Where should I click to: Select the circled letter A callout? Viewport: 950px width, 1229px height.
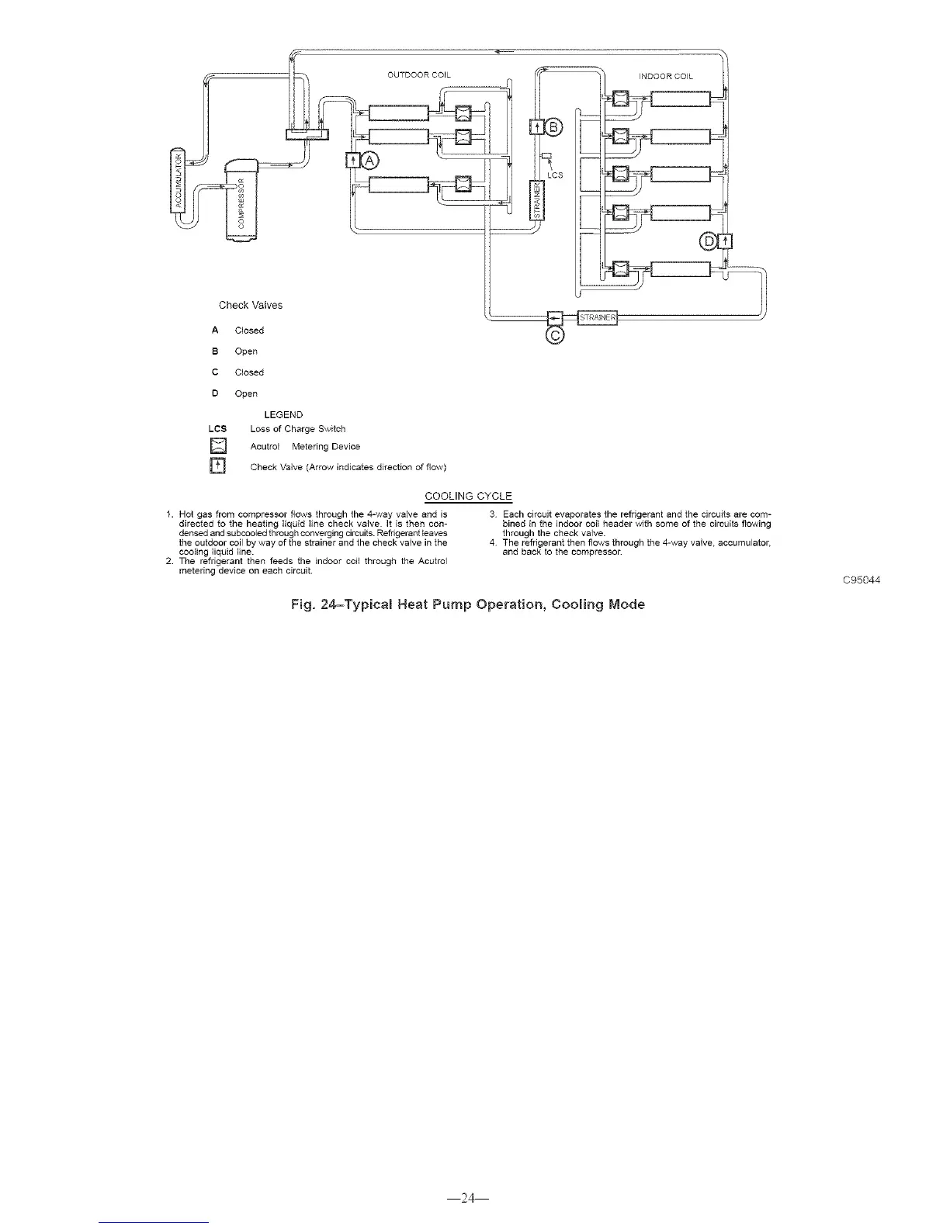click(370, 161)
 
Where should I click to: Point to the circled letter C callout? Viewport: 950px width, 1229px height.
click(556, 335)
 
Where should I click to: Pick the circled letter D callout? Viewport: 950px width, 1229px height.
click(709, 241)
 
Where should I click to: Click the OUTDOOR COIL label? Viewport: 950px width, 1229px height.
click(419, 75)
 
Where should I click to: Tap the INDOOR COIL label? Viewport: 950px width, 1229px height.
click(666, 76)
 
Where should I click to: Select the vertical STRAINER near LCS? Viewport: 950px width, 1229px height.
click(536, 199)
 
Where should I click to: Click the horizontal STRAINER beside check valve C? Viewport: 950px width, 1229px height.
click(597, 317)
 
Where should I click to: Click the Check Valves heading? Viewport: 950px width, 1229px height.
click(251, 305)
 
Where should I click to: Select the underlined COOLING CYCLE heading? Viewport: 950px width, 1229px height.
click(468, 496)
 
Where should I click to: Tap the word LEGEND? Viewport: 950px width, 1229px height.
click(283, 414)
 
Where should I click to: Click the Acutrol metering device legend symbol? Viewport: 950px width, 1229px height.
click(217, 446)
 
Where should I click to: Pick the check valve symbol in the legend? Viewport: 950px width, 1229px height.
click(217, 466)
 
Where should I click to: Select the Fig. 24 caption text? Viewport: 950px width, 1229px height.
click(467, 604)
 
